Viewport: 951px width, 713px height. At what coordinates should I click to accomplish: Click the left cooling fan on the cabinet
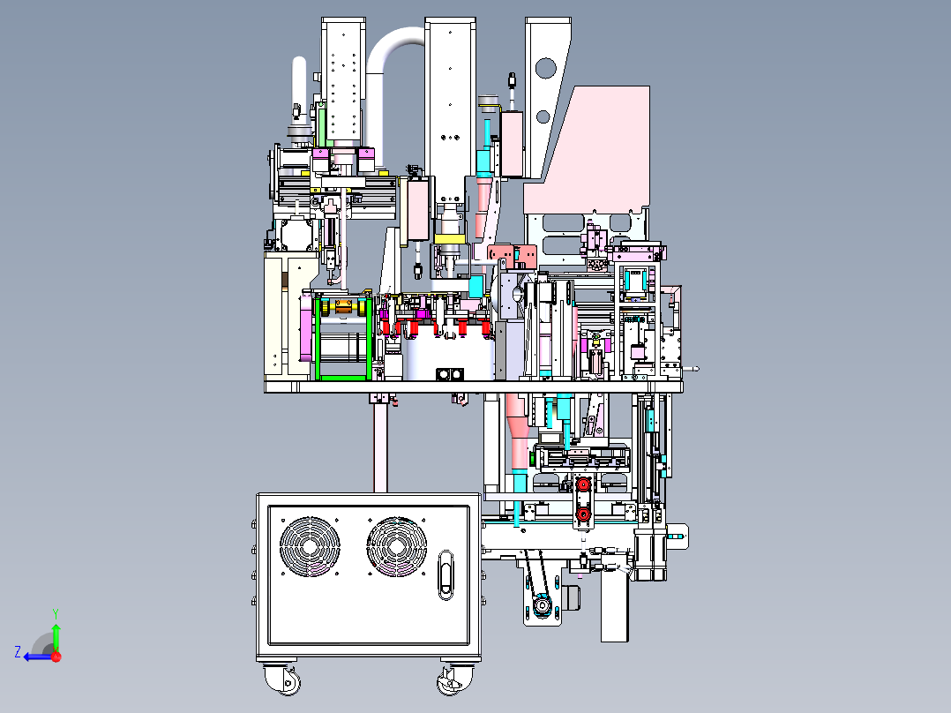pos(310,547)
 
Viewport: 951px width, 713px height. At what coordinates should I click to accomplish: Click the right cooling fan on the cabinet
pos(397,547)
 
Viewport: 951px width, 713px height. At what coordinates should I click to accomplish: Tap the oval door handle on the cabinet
pos(446,574)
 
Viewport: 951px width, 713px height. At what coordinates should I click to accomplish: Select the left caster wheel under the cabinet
pos(284,680)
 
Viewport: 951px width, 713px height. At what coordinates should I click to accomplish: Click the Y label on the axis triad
pos(56,614)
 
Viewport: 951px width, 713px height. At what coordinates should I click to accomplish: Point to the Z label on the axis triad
pos(18,652)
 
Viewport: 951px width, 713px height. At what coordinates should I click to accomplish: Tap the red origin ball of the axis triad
pos(56,657)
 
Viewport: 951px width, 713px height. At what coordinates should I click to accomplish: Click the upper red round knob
pos(583,484)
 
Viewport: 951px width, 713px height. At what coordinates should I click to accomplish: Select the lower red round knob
pos(583,514)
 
